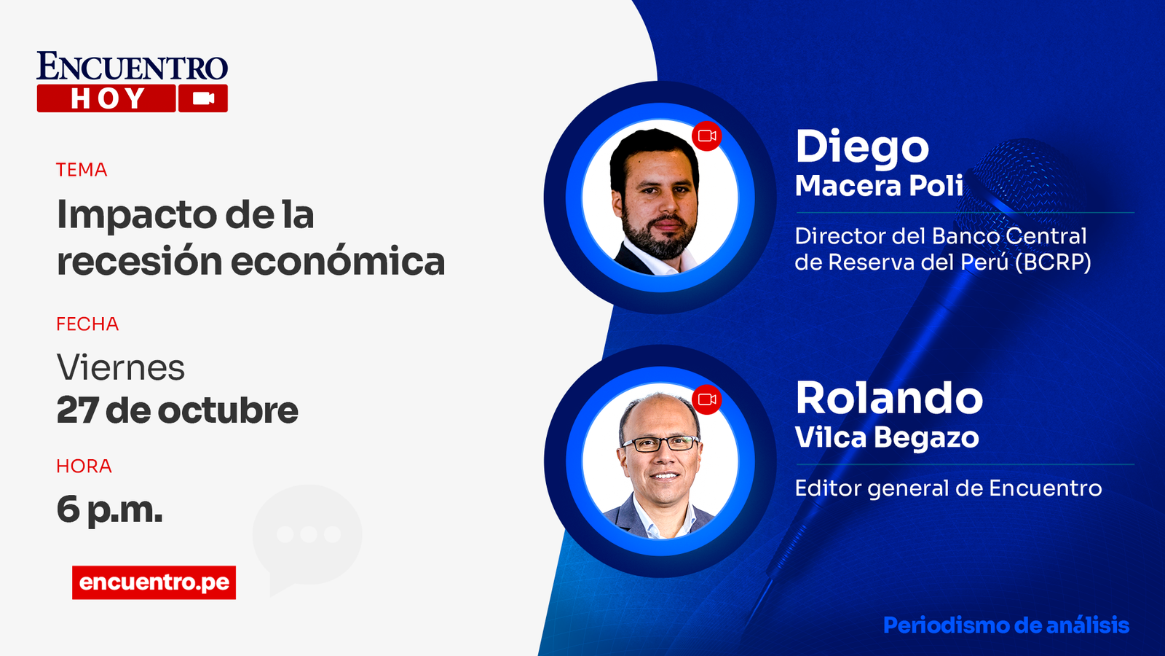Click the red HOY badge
(106, 98)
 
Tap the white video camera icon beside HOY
(203, 98)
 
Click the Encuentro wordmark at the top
(132, 67)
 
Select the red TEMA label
(82, 170)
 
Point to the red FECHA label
(87, 324)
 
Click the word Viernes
(121, 367)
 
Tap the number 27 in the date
(77, 410)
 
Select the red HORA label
(84, 466)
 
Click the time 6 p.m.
(109, 509)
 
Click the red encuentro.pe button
(154, 582)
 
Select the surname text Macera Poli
(879, 186)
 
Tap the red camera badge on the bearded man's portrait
(707, 136)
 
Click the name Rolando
(889, 398)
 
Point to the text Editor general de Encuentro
(948, 488)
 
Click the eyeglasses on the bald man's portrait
(660, 443)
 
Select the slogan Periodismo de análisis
(1006, 625)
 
